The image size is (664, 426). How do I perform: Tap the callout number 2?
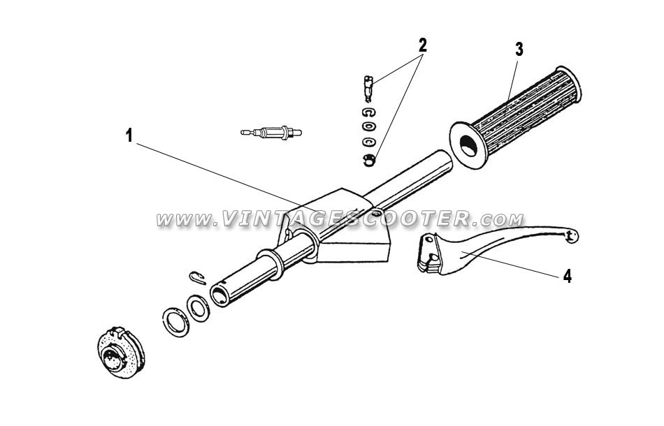(422, 45)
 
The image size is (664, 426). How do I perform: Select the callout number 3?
(519, 50)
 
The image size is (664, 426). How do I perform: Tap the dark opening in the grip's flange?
(468, 147)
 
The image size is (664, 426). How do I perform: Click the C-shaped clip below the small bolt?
(369, 113)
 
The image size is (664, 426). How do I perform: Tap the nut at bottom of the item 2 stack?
(369, 160)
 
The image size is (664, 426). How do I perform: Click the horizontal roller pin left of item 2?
(271, 133)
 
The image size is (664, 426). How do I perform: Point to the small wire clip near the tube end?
(197, 277)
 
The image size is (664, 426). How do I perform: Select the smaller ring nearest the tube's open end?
(198, 309)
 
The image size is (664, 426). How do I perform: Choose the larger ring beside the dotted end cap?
(176, 322)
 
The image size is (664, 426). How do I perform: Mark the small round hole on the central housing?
(375, 213)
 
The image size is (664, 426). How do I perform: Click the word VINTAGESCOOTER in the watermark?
(346, 219)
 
